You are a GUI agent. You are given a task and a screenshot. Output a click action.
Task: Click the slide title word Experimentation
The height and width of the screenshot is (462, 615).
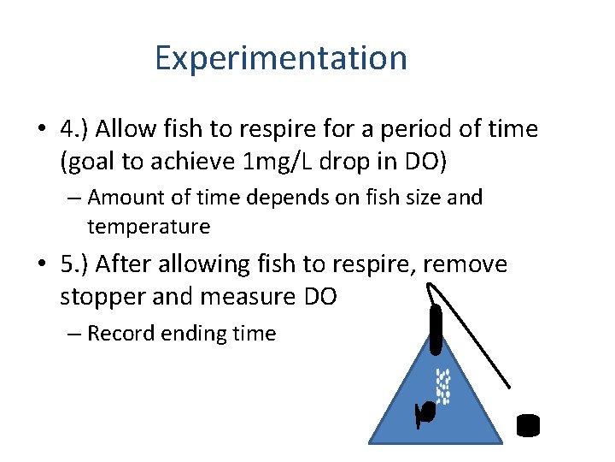[281, 58]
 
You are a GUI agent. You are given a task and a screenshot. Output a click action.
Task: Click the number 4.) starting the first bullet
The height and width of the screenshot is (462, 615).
[75, 129]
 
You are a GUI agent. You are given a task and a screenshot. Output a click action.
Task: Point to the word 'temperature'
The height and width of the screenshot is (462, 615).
[149, 227]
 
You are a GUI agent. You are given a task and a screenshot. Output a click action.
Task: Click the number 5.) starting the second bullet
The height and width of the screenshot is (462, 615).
[75, 264]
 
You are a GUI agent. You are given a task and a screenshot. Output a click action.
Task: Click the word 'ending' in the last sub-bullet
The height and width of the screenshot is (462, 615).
[191, 334]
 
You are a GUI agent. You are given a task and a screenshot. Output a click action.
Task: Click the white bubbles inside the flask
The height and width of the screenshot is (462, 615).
[442, 385]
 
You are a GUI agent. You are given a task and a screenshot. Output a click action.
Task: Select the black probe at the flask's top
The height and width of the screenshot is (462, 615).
[436, 329]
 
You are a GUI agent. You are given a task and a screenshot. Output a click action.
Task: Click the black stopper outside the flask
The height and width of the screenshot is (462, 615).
[529, 425]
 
